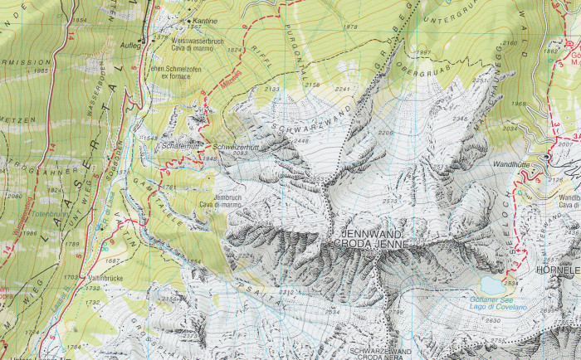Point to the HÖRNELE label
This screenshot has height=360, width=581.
point(557,270)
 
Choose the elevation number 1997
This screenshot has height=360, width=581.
point(424,52)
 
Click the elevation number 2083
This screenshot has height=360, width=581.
point(242,153)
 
